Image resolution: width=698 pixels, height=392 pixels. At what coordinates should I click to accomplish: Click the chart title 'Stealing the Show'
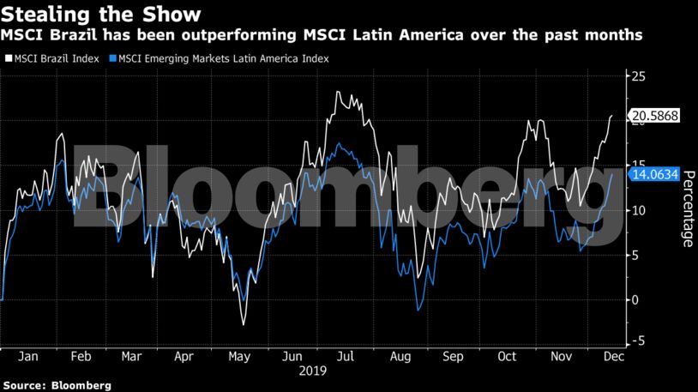(x=101, y=15)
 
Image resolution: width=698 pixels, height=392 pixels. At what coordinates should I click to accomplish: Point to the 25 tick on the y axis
(x=638, y=76)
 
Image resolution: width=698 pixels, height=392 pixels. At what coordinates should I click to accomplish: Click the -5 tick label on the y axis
(x=638, y=341)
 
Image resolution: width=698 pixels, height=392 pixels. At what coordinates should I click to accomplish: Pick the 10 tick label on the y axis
(x=638, y=210)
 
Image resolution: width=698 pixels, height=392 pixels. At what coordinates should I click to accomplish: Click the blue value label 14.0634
(x=655, y=174)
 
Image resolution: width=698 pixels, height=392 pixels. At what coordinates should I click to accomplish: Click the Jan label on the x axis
(x=28, y=357)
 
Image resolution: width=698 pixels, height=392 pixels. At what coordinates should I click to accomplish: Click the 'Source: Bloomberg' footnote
(x=57, y=386)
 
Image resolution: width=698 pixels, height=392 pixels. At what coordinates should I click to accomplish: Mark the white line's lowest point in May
(x=244, y=324)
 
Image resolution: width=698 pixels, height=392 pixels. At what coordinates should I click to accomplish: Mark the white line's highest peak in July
(x=338, y=92)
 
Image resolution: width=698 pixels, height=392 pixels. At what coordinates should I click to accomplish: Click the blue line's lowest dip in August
(x=417, y=311)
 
